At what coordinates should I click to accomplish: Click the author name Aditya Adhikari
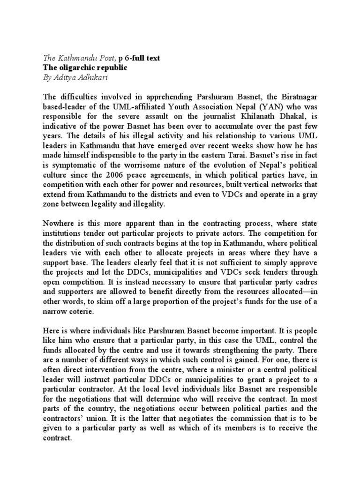[82, 77]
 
